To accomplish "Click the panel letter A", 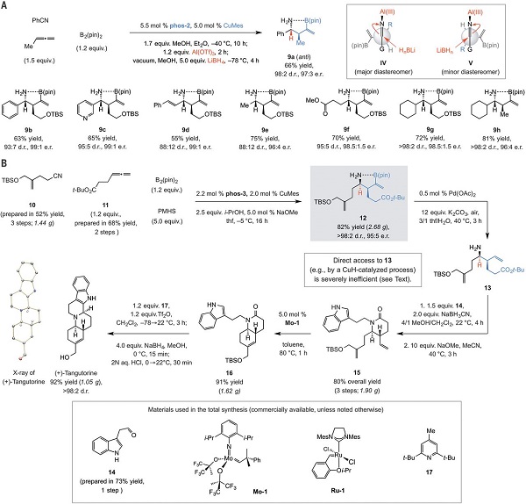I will coord(6,6).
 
